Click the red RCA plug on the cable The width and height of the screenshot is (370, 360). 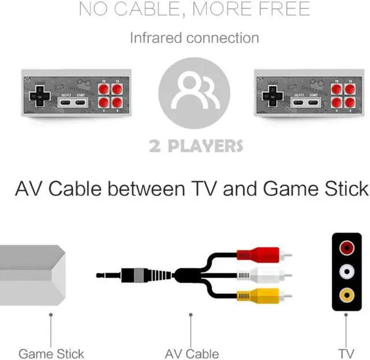[x=260, y=254]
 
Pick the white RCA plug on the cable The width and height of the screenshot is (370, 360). [x=260, y=274]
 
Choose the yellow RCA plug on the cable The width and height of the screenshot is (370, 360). [x=260, y=295]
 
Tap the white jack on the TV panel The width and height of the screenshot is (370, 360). [x=346, y=271]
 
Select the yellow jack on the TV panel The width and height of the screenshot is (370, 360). [x=346, y=295]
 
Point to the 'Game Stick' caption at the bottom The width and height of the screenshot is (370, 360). [x=51, y=354]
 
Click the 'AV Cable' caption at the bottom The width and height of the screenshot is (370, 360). [x=191, y=354]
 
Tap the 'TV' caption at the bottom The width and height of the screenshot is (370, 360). [x=346, y=354]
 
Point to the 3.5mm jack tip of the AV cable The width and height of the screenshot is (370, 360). [x=110, y=275]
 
